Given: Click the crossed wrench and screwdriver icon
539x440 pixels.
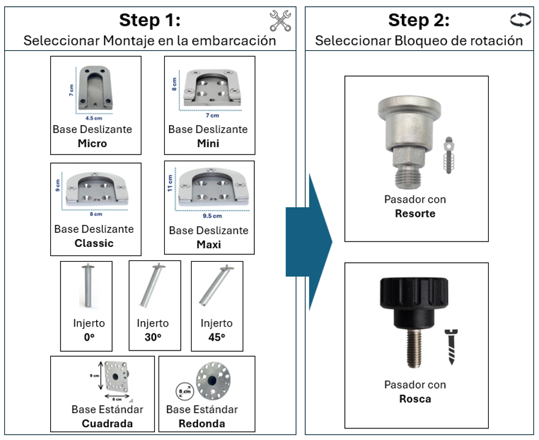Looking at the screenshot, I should coord(281,21).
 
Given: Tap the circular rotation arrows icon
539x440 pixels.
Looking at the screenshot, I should coord(521,21).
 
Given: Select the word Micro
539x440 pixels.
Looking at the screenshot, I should coord(92,143).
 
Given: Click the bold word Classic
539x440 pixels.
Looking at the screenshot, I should coord(94,243).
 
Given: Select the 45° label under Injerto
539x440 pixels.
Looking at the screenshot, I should coord(217,336).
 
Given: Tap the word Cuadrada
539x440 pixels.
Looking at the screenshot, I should coord(107,423).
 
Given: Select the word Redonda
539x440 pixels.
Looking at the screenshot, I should coord(202,423).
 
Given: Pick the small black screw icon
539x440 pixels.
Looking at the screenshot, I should coord(453,347).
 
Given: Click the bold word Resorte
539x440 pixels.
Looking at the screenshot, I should coord(415,213).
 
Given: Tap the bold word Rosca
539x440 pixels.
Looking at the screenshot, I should coord(415,399).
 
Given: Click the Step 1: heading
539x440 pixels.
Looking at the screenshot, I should coord(150,20).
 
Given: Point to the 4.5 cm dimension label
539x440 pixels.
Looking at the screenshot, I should coord(94,118).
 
